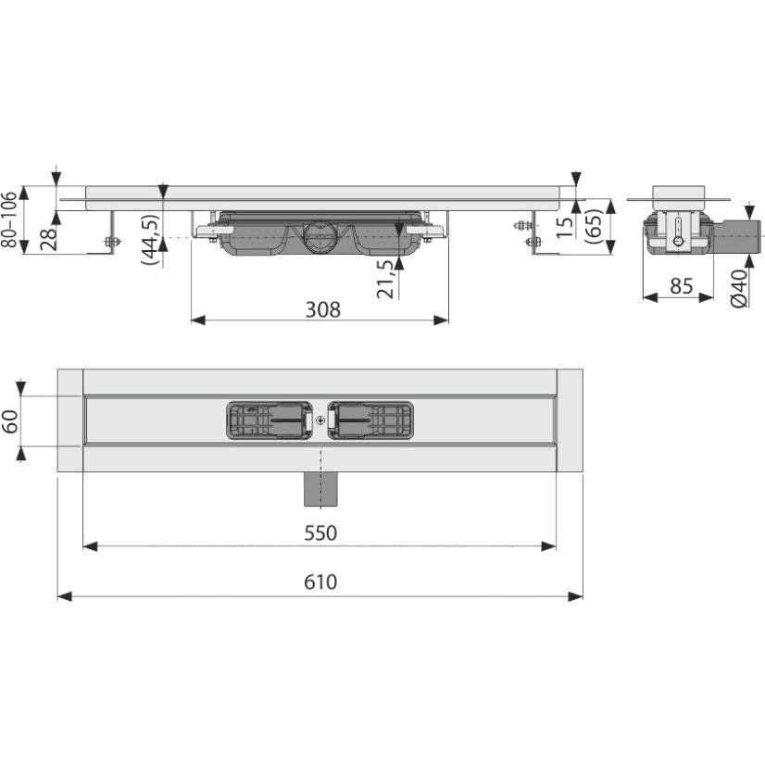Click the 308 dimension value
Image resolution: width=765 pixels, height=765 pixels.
(322, 310)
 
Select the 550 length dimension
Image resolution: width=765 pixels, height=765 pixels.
(320, 533)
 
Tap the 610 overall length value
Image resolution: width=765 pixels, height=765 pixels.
(320, 582)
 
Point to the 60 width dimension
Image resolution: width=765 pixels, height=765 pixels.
(10, 421)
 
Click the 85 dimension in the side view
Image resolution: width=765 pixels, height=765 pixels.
(682, 286)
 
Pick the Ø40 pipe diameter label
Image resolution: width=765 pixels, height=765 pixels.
(740, 288)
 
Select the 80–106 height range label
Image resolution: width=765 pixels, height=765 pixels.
(9, 219)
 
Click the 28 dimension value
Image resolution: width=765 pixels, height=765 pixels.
(49, 239)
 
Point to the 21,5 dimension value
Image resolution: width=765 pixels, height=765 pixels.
(385, 279)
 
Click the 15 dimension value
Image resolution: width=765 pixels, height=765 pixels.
(565, 227)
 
